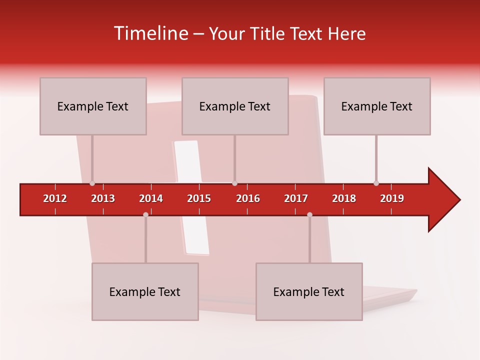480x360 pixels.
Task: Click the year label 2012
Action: tap(55, 198)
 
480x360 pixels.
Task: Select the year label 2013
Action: tap(103, 198)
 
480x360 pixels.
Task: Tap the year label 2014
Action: tap(151, 198)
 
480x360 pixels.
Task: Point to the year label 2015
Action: tap(199, 198)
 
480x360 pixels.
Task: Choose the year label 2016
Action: tap(248, 198)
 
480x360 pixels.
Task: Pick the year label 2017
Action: tap(296, 198)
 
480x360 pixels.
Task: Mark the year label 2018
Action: tap(344, 198)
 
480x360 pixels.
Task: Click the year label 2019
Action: tap(392, 198)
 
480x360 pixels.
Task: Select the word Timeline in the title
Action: tap(150, 33)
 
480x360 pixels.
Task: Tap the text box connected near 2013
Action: tap(93, 106)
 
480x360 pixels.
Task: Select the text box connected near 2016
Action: tap(235, 106)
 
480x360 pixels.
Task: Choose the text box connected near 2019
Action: tap(377, 106)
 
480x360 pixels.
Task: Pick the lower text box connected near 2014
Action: tap(145, 291)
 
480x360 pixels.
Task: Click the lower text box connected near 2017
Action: tap(309, 291)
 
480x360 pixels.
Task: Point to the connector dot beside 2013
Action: tap(92, 183)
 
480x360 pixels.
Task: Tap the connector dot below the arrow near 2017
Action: tap(309, 214)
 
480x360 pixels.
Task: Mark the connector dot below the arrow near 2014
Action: tap(145, 214)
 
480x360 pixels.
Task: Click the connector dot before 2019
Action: tap(376, 183)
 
